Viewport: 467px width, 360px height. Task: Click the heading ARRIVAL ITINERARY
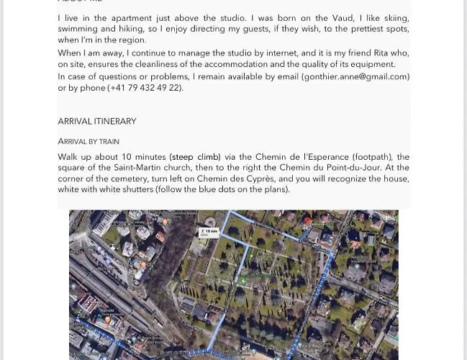96,121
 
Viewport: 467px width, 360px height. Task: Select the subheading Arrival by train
89,141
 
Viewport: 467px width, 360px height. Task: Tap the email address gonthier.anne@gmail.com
355,76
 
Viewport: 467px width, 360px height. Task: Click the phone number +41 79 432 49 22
145,88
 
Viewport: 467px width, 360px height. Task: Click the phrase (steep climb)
195,156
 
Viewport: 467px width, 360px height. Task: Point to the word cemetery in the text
124,179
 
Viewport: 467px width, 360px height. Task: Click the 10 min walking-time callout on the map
209,233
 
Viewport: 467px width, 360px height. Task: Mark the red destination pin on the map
307,220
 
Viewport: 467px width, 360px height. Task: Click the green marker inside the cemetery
243,281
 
